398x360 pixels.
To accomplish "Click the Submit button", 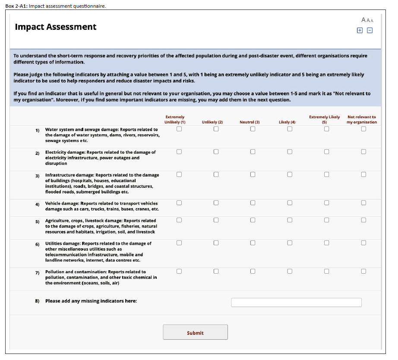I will [x=195, y=332].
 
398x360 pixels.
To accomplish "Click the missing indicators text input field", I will [x=296, y=302].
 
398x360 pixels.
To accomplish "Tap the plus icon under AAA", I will [x=360, y=31].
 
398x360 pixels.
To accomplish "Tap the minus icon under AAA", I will [x=370, y=31].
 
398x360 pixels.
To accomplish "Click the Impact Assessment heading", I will [x=56, y=27].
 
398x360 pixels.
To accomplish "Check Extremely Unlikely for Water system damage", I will [x=179, y=129].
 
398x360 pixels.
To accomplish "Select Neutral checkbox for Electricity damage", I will [x=253, y=152].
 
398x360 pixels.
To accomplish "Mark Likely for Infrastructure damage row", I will [x=290, y=174].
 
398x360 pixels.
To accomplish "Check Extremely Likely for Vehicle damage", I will [x=327, y=202].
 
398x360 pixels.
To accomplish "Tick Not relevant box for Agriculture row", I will [x=364, y=220].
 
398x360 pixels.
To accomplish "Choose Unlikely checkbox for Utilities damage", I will [x=216, y=243].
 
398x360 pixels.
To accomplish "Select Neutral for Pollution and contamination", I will [x=253, y=271].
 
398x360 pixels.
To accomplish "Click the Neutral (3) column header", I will [x=250, y=123].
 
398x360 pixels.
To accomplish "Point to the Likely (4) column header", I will [x=287, y=123].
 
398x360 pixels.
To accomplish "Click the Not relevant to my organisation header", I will [x=362, y=120].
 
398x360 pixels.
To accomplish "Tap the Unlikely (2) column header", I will [x=212, y=123].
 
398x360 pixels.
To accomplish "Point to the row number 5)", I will [x=38, y=221].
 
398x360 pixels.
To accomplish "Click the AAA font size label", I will [x=367, y=20].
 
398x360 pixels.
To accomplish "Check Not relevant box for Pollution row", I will [x=364, y=271].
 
